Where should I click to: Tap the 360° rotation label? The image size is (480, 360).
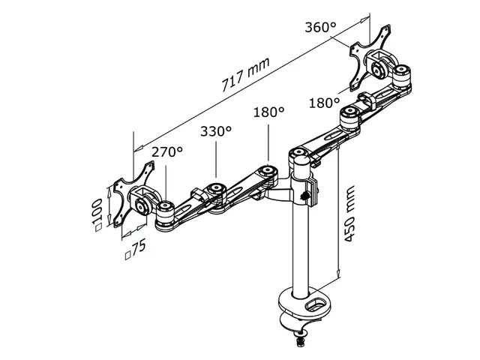click(x=320, y=28)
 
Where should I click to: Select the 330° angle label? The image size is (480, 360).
click(x=215, y=131)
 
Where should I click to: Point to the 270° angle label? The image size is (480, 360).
click(x=167, y=152)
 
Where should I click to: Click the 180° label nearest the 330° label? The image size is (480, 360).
click(x=268, y=112)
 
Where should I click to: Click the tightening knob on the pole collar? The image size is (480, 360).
click(x=307, y=197)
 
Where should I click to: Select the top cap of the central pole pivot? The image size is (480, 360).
click(x=298, y=156)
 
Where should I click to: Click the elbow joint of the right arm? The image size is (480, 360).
click(x=349, y=115)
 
